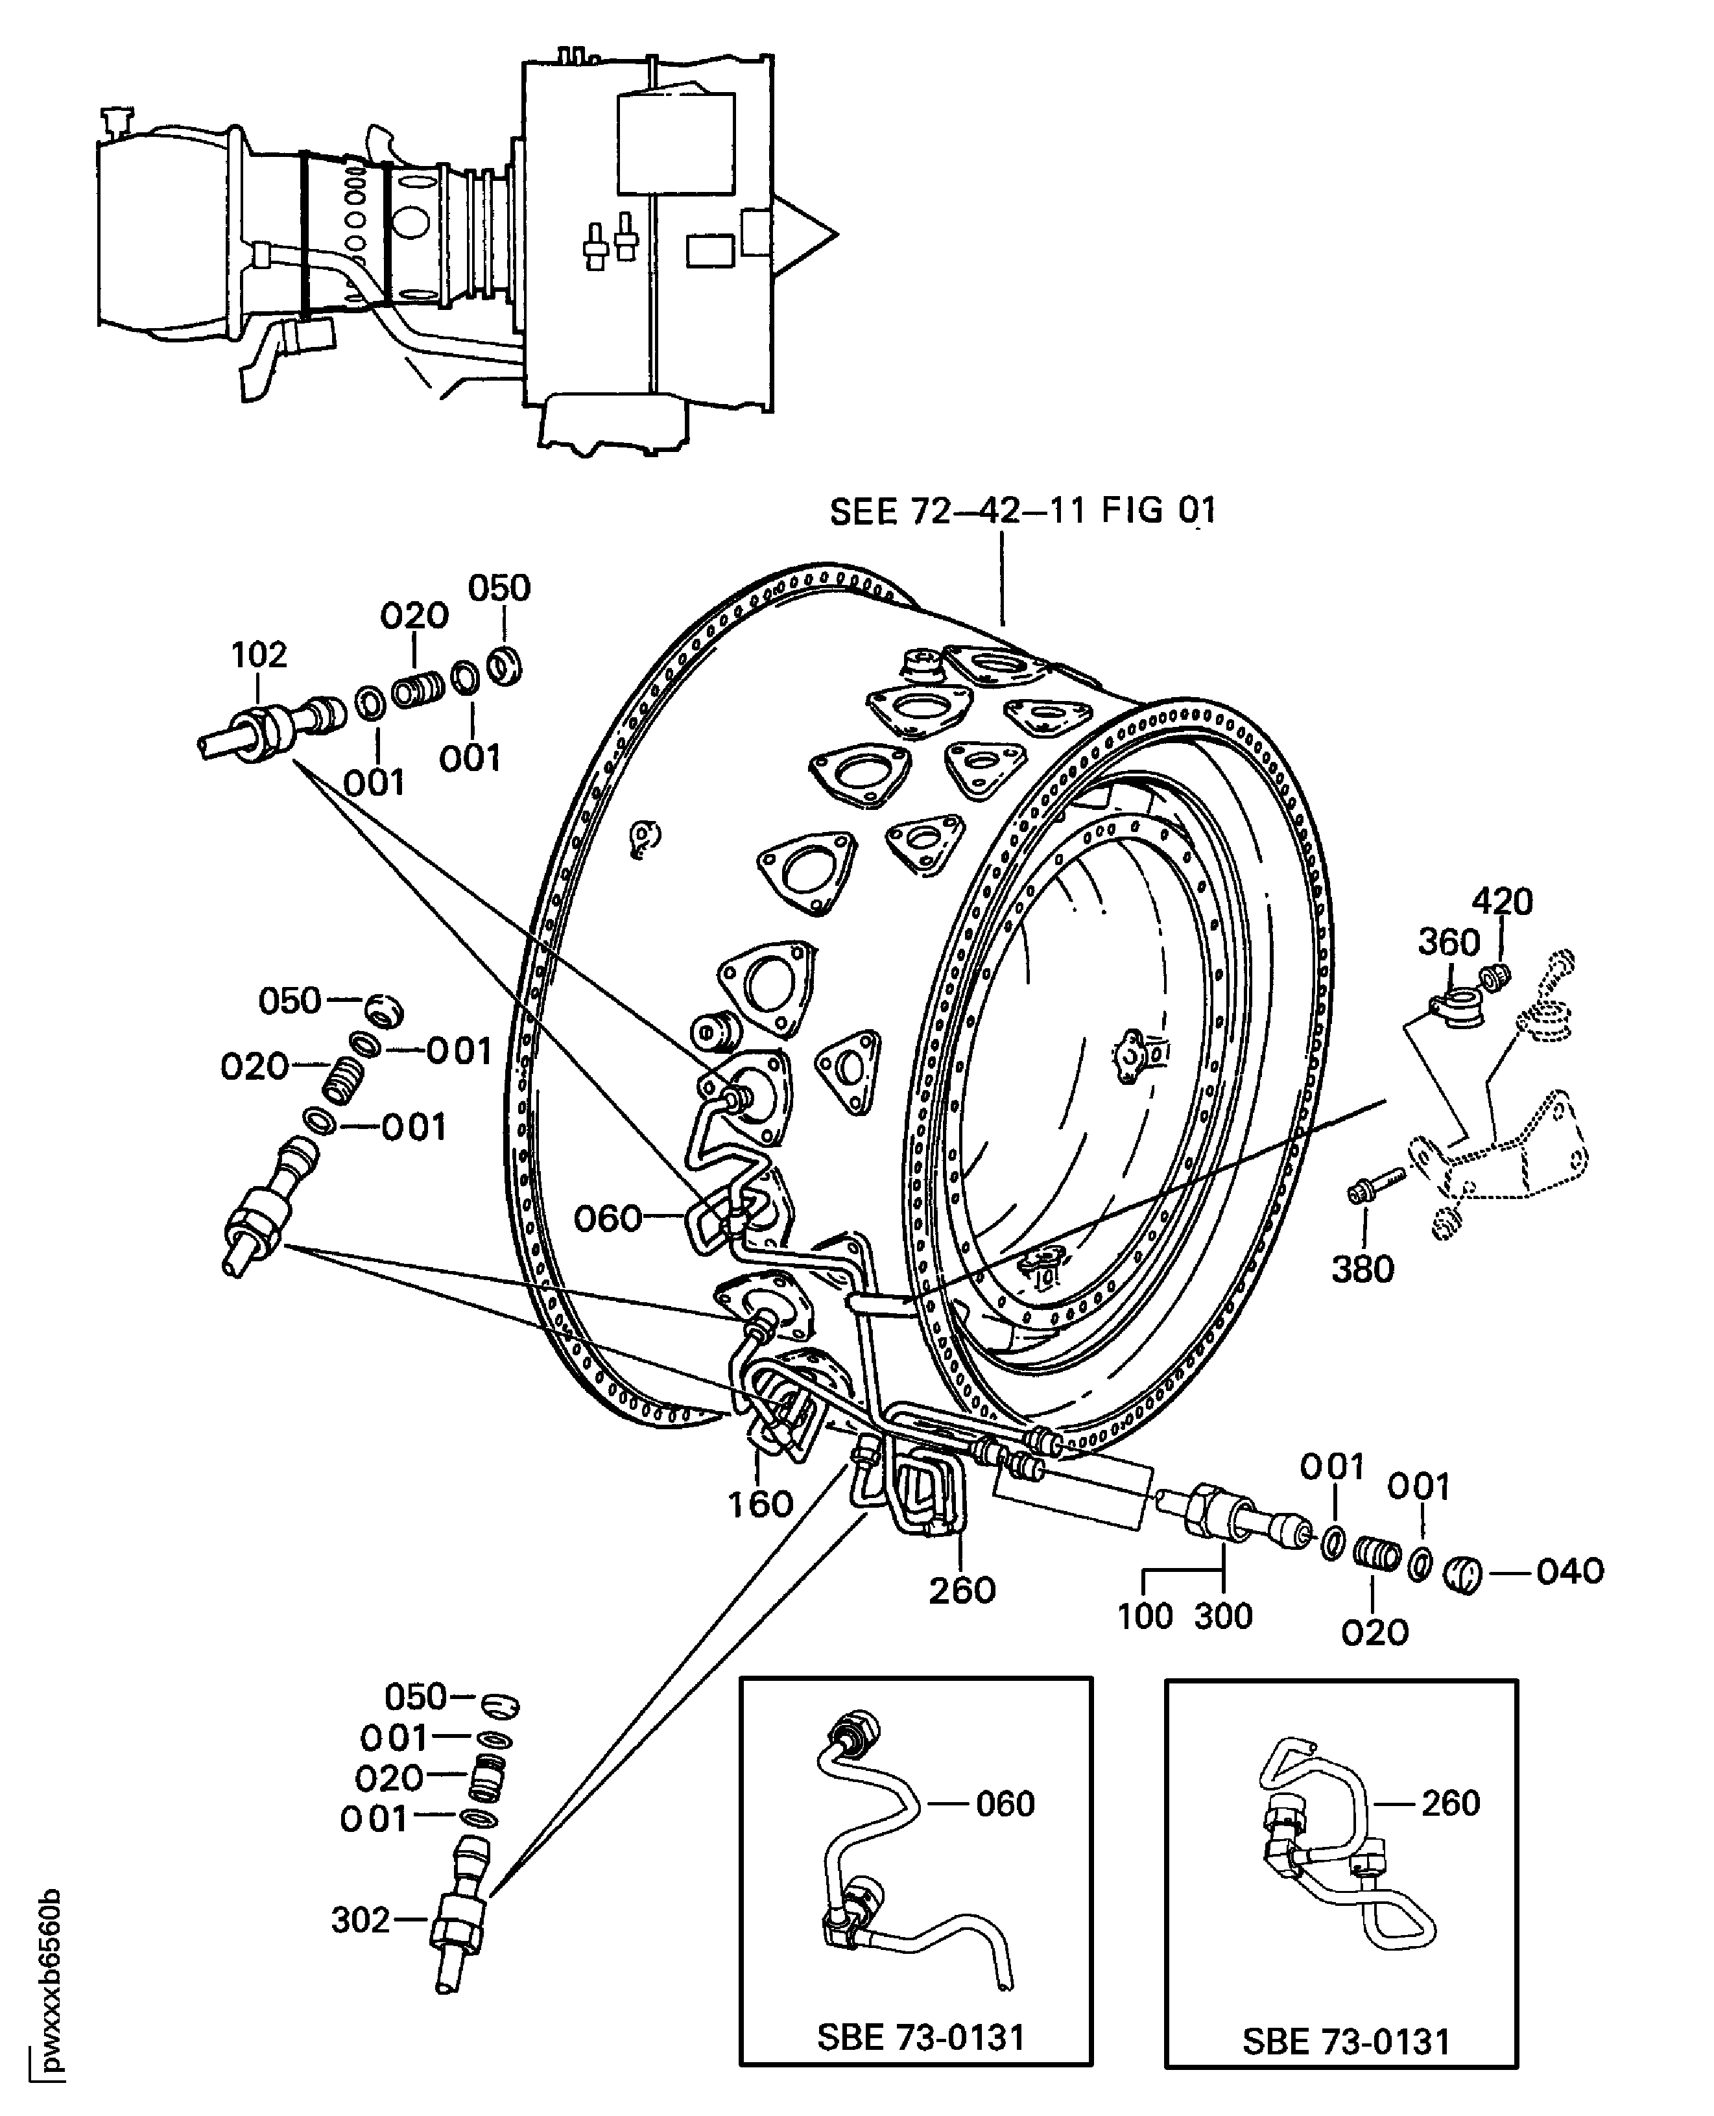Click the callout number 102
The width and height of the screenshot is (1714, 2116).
coord(259,655)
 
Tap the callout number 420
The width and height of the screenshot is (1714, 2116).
coord(1502,901)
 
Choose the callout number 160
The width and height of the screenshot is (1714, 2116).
coord(760,1504)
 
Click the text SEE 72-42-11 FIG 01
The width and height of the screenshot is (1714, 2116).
coord(1023,512)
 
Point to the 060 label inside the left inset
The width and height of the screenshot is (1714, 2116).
coord(1005,1804)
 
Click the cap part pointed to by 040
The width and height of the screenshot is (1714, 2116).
coord(1463,1573)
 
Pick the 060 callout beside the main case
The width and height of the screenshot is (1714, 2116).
coord(608,1218)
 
